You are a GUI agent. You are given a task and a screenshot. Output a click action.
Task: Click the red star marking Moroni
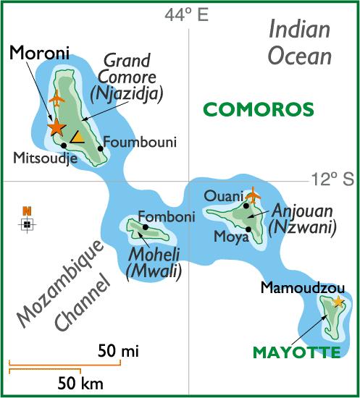tap(56, 127)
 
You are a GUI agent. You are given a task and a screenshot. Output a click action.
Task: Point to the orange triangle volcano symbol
tap(77, 137)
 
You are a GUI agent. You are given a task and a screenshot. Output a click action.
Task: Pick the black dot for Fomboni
tap(146, 226)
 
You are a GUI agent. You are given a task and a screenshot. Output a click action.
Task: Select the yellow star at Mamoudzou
tap(338, 302)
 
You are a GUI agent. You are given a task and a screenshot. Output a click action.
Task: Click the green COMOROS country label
tap(258, 110)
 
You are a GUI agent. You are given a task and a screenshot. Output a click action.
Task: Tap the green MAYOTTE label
tap(296, 352)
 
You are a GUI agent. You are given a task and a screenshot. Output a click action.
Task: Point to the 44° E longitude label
tap(185, 15)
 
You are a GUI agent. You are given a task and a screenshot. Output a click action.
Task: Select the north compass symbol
tap(27, 221)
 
